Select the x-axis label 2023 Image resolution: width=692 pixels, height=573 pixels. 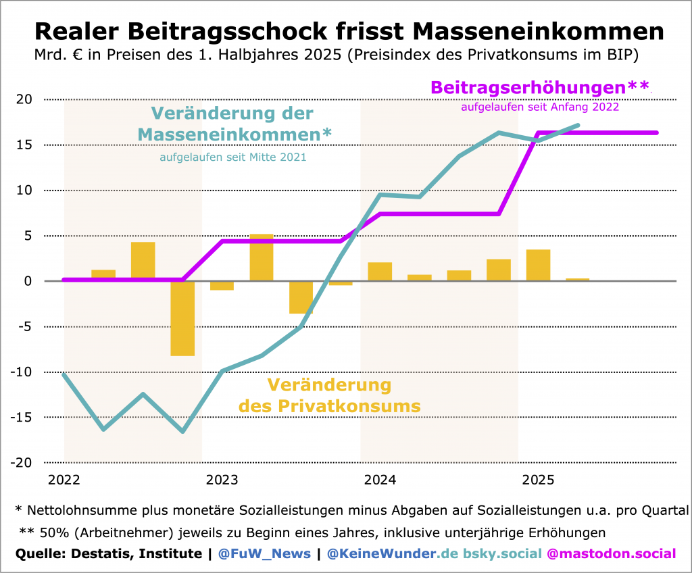pos(222,480)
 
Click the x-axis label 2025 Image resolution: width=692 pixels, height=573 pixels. pos(539,480)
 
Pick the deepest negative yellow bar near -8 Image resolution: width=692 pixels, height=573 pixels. pos(182,318)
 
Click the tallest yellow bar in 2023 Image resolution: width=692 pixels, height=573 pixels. pos(262,257)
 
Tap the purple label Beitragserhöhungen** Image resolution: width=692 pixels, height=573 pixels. pos(539,88)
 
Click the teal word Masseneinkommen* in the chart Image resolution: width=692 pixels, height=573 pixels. pos(234,135)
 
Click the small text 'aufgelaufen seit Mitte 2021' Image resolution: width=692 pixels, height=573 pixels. pos(233,157)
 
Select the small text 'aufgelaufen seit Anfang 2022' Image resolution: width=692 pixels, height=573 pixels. pos(540,107)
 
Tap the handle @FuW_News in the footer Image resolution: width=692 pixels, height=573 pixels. pos(264,554)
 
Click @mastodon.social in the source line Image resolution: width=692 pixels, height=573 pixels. pos(611,554)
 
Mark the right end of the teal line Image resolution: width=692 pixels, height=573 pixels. pos(578,125)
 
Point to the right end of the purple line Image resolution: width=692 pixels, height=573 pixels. pos(657,132)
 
